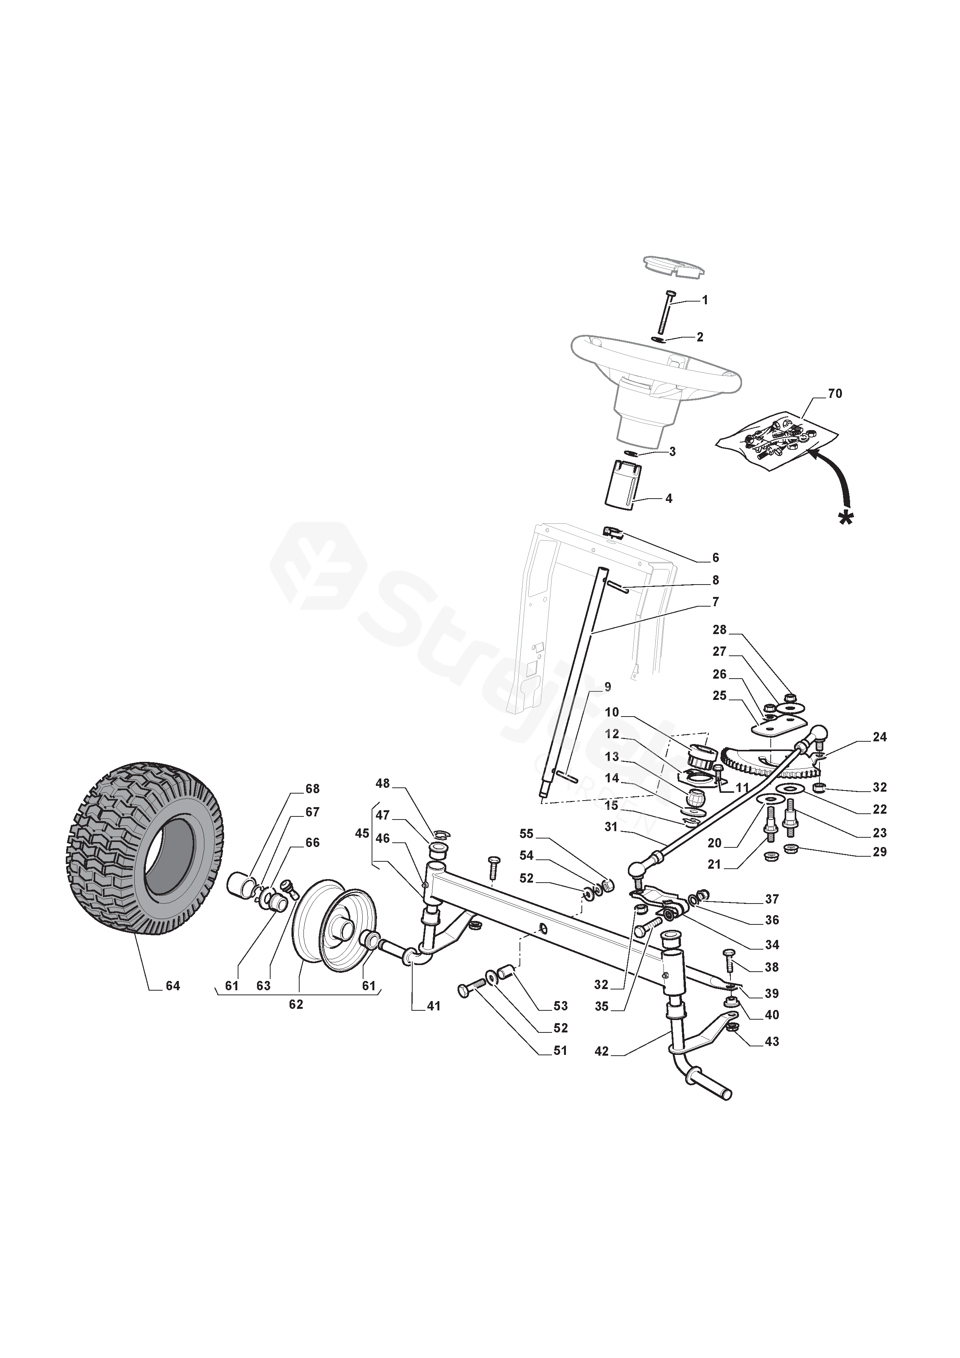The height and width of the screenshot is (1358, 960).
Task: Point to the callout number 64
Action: (x=173, y=986)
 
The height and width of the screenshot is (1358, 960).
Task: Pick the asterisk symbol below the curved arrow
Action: (x=847, y=518)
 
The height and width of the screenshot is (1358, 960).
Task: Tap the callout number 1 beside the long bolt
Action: (x=705, y=300)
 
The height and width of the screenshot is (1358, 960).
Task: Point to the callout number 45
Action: (x=362, y=833)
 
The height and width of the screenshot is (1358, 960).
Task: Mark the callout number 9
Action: (x=607, y=687)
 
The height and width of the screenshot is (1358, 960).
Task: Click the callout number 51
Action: (x=560, y=1051)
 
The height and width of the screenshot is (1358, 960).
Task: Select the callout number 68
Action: (x=312, y=789)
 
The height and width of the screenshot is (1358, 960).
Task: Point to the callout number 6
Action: (x=716, y=558)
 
